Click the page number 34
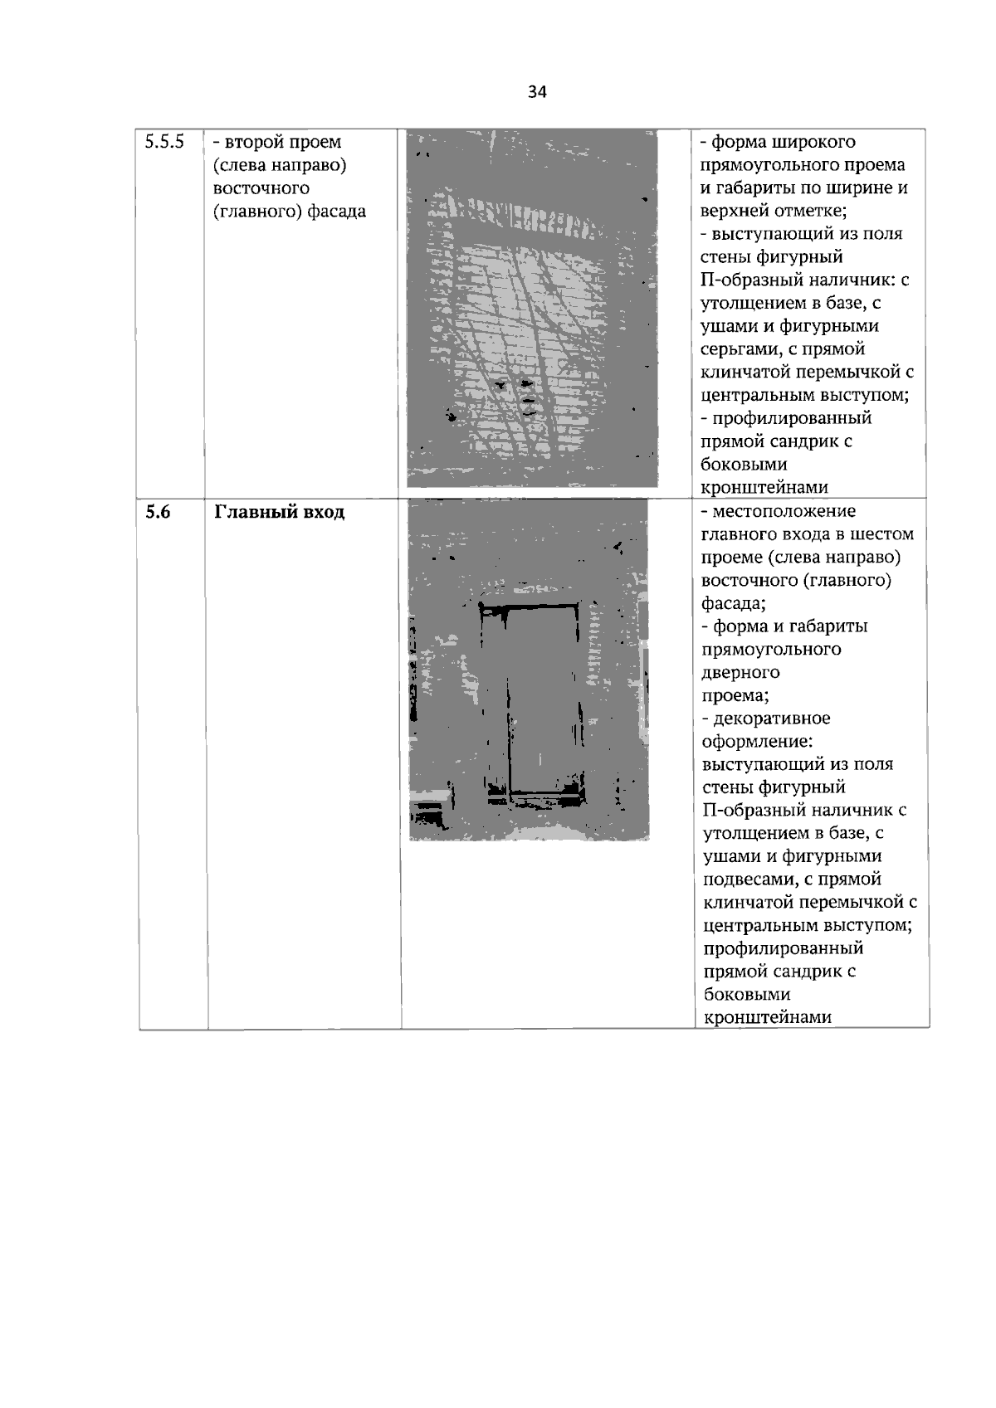[537, 92]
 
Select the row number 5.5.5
[164, 142]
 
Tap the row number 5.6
[158, 512]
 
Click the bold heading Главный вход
[280, 512]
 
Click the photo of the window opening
[531, 309]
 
